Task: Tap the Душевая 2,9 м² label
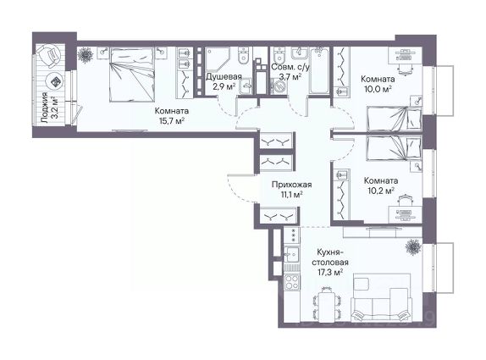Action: click(224, 81)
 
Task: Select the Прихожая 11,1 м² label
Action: click(291, 190)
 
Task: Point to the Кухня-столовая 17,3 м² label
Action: click(330, 262)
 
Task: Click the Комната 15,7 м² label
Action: click(172, 115)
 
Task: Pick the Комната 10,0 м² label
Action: click(378, 84)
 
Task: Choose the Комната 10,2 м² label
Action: click(381, 186)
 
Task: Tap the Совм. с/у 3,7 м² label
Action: click(290, 72)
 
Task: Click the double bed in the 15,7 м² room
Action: click(132, 74)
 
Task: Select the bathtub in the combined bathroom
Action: click(319, 70)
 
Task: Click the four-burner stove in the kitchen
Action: click(291, 281)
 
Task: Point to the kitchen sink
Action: click(291, 255)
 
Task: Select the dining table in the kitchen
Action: click(328, 306)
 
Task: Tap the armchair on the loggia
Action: click(50, 56)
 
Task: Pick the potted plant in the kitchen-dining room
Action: click(413, 246)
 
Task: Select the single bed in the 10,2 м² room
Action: click(394, 149)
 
